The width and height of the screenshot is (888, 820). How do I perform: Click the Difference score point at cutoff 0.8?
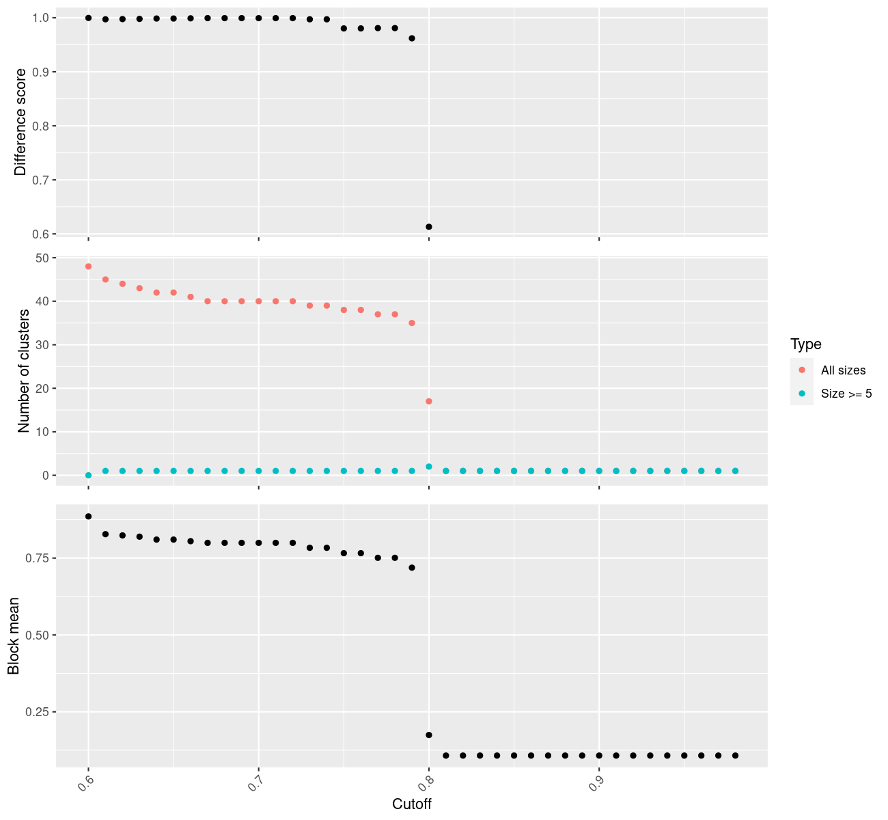pyautogui.click(x=429, y=227)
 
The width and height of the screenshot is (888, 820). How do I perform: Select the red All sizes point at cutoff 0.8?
pyautogui.click(x=429, y=401)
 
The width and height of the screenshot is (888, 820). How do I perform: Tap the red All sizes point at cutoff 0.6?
pyautogui.click(x=88, y=266)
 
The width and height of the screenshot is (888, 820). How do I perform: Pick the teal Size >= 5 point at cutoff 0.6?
pyautogui.click(x=88, y=475)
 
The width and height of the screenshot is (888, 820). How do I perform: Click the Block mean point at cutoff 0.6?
pyautogui.click(x=88, y=517)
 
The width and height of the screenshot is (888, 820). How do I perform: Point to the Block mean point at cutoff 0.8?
pyautogui.click(x=429, y=735)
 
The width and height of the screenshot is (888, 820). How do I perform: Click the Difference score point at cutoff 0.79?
pyautogui.click(x=412, y=38)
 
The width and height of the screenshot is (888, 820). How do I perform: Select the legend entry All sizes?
pyautogui.click(x=843, y=370)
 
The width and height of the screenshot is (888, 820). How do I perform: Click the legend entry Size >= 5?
pyautogui.click(x=846, y=394)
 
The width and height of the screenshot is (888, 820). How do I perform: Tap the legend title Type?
pyautogui.click(x=805, y=344)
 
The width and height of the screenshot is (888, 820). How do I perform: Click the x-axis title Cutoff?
pyautogui.click(x=412, y=804)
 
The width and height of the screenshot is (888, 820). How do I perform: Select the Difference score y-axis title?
pyautogui.click(x=20, y=122)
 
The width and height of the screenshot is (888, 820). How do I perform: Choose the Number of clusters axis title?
pyautogui.click(x=24, y=371)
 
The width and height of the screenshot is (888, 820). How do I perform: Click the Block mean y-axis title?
pyautogui.click(x=13, y=636)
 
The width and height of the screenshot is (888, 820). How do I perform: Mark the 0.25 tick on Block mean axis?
pyautogui.click(x=39, y=712)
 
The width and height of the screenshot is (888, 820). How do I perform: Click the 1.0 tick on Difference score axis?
pyautogui.click(x=41, y=18)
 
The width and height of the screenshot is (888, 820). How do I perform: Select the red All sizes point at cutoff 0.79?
pyautogui.click(x=412, y=323)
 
